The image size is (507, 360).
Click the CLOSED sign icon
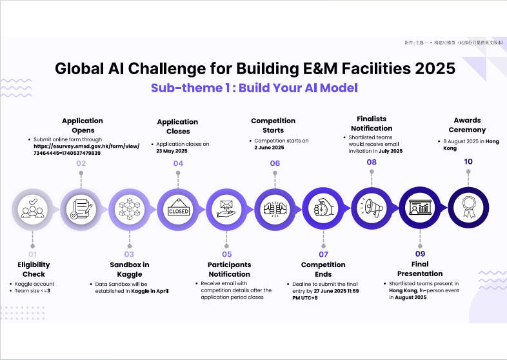tap(178, 208)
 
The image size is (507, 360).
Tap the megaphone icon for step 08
tap(372, 208)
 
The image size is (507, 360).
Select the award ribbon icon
tap(468, 207)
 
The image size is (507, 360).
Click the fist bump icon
tap(275, 208)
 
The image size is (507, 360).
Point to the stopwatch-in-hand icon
tap(323, 208)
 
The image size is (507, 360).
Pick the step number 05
tap(226, 254)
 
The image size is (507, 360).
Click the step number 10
tap(468, 161)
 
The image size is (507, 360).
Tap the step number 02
tap(81, 163)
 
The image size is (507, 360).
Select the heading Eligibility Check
tap(34, 270)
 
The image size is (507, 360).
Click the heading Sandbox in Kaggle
tap(130, 270)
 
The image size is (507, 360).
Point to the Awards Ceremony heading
tap(467, 125)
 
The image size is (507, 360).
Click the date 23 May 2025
tap(172, 151)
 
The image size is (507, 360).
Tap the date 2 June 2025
tap(269, 148)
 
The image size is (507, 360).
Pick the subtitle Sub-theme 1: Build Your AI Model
tap(254, 88)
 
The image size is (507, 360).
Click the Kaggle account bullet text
tap(34, 284)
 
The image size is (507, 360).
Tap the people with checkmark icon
tap(32, 208)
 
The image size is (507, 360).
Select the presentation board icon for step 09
tap(420, 208)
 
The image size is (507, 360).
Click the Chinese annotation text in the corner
tap(454, 43)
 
